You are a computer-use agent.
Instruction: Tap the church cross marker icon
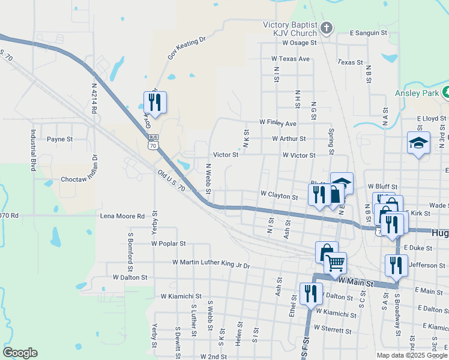[326, 28]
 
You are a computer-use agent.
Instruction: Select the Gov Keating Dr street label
[187, 47]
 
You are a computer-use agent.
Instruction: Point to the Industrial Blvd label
[34, 151]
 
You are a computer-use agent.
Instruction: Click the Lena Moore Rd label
[122, 216]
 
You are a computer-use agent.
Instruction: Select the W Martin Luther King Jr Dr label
[210, 263]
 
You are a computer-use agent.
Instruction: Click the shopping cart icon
[336, 263]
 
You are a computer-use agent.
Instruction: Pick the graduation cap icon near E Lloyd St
[418, 143]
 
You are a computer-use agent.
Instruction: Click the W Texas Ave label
[290, 59]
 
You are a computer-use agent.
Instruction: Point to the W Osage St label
[294, 43]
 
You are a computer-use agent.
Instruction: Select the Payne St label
[60, 139]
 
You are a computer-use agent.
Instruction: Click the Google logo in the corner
[20, 353]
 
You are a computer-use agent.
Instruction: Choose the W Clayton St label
[279, 196]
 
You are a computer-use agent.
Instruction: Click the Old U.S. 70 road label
[171, 180]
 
